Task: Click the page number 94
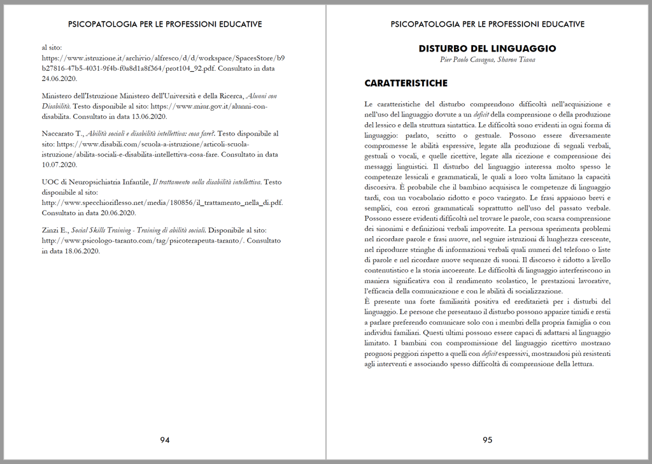click(x=164, y=440)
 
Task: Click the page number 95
click(x=487, y=440)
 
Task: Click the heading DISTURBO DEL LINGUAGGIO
click(x=487, y=48)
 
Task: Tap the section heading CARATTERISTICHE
click(x=406, y=83)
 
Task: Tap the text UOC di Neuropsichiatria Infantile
click(x=96, y=182)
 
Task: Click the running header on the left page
click(x=164, y=24)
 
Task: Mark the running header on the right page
click(x=487, y=24)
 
